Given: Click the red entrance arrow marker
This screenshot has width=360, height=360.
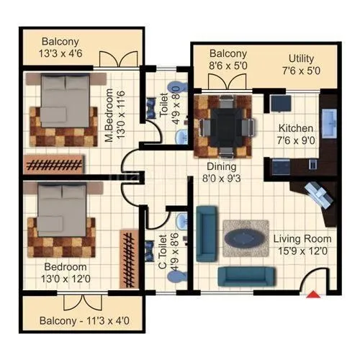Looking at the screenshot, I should coord(314,292).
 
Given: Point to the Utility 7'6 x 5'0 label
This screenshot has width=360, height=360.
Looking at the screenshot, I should coord(310,64).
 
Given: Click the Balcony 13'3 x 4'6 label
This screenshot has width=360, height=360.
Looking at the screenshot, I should coord(70,48).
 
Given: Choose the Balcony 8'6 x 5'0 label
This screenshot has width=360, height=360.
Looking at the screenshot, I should coord(228,60).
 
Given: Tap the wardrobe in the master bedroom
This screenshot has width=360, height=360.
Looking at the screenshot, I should coord(55,163).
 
